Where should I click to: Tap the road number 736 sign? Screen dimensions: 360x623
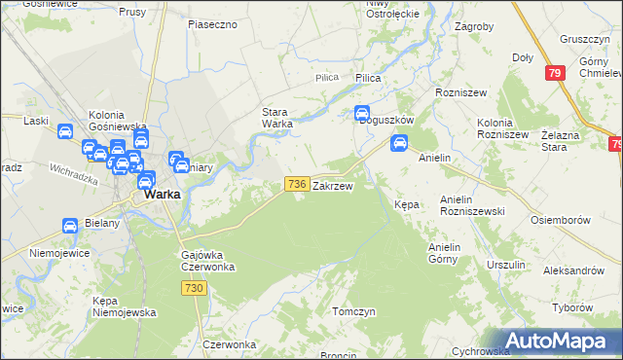(298, 184)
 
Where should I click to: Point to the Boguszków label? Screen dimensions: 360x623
(386, 120)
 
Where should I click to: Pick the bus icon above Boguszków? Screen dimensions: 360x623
(362, 113)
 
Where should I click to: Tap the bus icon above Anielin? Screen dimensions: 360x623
(398, 144)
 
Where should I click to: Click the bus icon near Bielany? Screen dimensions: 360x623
(70, 226)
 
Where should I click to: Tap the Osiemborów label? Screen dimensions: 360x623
(561, 220)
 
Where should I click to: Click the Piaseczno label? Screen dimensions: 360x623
(212, 23)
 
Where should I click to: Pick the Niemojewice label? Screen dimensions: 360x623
(59, 252)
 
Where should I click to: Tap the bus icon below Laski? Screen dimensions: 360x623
(65, 133)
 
